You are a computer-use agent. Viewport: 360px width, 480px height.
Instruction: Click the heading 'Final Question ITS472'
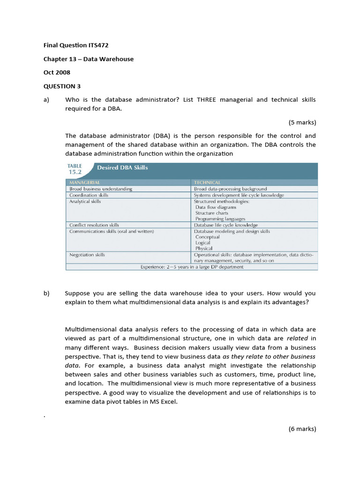tap(79, 45)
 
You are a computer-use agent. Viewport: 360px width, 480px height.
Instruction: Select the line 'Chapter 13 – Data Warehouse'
tap(89, 59)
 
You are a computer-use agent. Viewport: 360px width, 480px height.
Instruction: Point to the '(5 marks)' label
tap(302, 122)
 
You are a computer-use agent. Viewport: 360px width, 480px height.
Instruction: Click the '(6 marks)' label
tap(302, 428)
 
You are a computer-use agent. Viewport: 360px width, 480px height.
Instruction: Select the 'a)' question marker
tap(46, 100)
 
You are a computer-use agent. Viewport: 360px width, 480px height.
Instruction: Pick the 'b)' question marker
tap(46, 293)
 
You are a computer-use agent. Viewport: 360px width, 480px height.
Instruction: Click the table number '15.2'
tap(75, 172)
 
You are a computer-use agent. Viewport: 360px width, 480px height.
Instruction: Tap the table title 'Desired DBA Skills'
tap(122, 167)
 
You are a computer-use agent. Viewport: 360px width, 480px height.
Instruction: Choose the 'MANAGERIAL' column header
tap(85, 182)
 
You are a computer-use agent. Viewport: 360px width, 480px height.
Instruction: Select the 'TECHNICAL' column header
tap(207, 182)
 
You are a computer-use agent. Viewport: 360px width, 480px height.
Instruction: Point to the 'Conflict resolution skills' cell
tap(94, 225)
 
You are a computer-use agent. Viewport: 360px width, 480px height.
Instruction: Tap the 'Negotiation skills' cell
tap(87, 255)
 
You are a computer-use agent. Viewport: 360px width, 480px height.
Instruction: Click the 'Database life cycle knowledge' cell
tap(226, 225)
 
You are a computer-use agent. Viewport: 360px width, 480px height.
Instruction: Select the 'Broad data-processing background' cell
tap(230, 189)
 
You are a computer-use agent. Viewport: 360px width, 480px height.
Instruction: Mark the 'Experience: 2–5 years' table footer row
tap(192, 267)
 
